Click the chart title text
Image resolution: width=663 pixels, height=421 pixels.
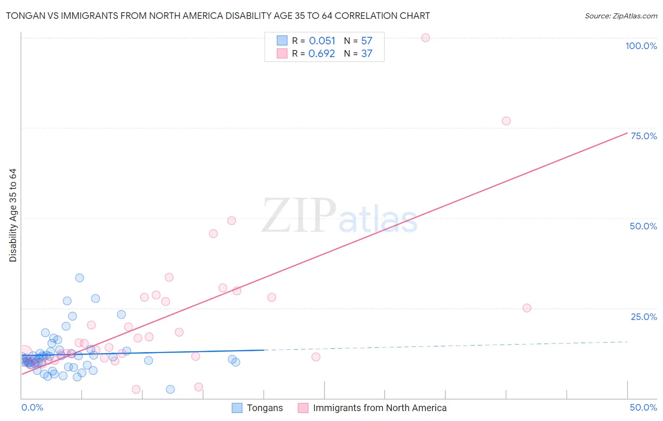click(x=218, y=16)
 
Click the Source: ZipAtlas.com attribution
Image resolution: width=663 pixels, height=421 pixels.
click(x=621, y=16)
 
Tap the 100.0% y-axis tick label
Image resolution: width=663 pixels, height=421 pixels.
click(x=641, y=46)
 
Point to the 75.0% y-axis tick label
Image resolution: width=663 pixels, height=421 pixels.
click(x=644, y=136)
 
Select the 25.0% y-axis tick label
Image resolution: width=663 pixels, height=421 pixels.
click(x=644, y=317)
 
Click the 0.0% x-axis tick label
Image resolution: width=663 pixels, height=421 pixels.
click(x=32, y=407)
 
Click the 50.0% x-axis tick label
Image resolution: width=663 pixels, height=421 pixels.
click(x=643, y=407)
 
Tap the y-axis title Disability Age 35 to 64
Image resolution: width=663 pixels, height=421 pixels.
click(x=13, y=215)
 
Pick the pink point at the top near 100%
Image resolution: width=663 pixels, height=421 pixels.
click(x=425, y=38)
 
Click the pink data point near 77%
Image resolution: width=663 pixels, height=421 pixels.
click(x=506, y=121)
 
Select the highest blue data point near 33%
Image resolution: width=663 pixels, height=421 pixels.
click(x=80, y=278)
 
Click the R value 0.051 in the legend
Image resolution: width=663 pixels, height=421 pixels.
click(x=322, y=41)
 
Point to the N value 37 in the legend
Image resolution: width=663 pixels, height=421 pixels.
click(x=366, y=54)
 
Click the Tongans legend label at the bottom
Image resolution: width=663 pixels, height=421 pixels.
click(x=265, y=408)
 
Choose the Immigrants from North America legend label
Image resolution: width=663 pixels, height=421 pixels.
click(x=380, y=408)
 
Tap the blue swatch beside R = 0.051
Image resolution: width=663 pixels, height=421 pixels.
click(x=282, y=41)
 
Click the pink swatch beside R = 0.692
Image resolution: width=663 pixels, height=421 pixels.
click(x=282, y=53)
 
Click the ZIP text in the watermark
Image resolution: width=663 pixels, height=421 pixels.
click(x=299, y=215)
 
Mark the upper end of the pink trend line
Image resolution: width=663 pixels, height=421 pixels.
click(x=627, y=133)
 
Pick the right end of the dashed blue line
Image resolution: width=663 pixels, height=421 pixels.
click(x=627, y=342)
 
